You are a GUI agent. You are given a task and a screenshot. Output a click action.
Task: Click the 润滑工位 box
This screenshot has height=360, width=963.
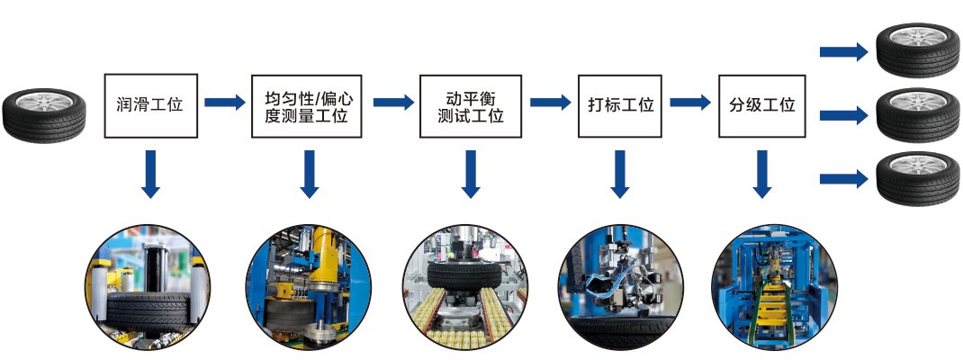[x=149, y=104]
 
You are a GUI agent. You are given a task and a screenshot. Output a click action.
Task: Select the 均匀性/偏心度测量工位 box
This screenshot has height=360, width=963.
[x=307, y=104]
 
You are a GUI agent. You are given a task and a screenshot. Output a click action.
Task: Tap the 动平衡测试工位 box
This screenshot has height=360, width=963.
[x=470, y=104]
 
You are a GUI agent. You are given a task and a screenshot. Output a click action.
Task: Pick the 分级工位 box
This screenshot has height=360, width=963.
[x=761, y=104]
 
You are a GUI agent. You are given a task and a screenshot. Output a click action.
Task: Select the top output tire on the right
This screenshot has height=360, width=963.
[x=917, y=50]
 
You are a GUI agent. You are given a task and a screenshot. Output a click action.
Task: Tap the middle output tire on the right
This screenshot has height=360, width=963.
[x=917, y=115]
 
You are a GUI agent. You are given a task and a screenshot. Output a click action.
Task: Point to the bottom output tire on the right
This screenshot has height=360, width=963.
[x=917, y=177]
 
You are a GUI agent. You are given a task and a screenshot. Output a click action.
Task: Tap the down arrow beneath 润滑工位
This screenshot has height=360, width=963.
[x=150, y=174]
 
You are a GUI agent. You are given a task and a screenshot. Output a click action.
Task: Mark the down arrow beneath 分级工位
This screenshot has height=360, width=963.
[x=762, y=174]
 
